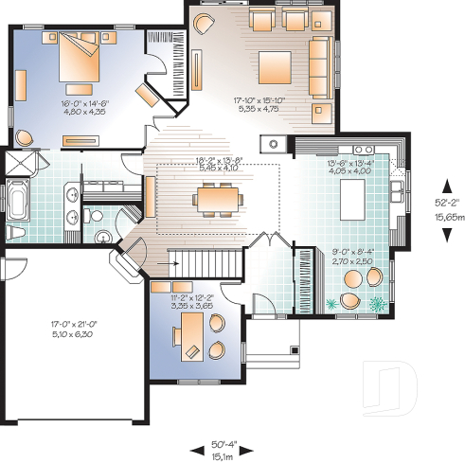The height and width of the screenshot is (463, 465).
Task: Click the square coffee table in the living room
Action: [276, 64]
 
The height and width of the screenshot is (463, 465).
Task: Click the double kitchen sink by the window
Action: [364, 150]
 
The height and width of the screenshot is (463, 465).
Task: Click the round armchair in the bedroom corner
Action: [24, 137]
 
